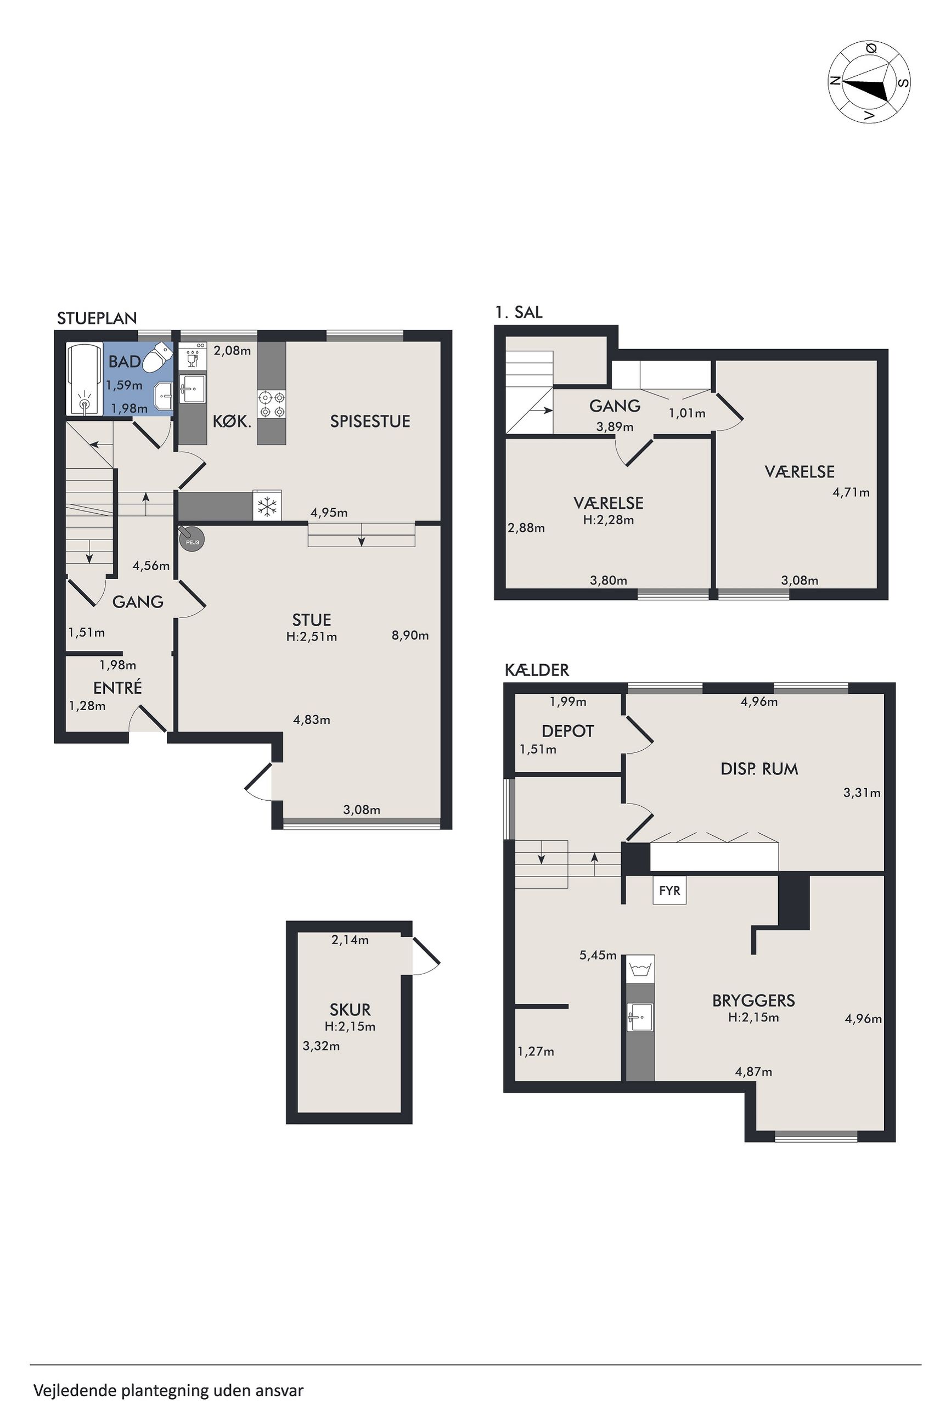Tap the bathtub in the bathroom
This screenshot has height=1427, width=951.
(x=85, y=380)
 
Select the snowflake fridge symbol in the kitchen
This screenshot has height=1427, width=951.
(x=266, y=506)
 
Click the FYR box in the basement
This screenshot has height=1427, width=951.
(x=669, y=891)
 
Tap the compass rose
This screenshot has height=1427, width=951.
(x=869, y=82)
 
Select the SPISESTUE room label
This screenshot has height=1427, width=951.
(x=370, y=422)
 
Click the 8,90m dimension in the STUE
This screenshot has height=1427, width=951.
(x=410, y=636)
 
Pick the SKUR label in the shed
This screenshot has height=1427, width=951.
(x=350, y=1010)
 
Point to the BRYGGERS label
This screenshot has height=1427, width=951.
(x=753, y=1001)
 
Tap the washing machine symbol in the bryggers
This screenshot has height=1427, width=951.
(x=640, y=969)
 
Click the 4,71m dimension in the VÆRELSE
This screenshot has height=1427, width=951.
(x=851, y=492)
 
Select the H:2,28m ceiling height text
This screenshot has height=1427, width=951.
(x=609, y=520)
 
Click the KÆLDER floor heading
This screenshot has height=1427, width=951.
(x=537, y=670)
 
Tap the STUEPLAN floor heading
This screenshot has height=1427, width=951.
(x=97, y=318)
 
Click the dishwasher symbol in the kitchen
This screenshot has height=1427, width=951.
(x=193, y=358)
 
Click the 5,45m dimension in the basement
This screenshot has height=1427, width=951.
(x=598, y=956)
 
